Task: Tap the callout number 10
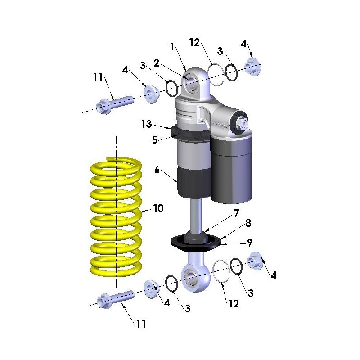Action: tap(158, 208)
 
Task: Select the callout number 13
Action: tap(147, 124)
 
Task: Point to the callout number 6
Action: tap(157, 170)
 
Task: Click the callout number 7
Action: tap(237, 213)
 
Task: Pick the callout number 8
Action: tap(248, 223)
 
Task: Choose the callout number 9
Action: tap(249, 243)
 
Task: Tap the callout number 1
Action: tap(172, 47)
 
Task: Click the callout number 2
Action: tap(156, 63)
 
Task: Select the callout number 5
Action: tap(155, 139)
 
